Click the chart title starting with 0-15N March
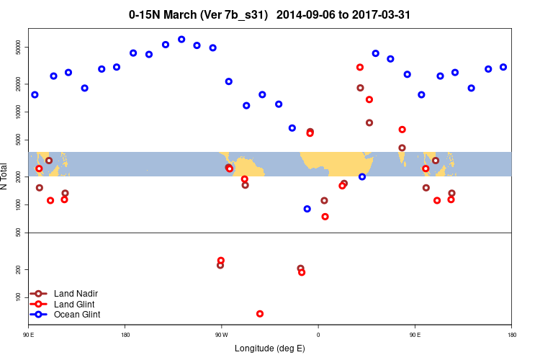pos(270,14)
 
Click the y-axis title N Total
pos(5,176)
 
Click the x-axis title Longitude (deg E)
pos(270,348)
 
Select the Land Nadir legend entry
pos(76,294)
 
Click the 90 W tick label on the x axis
pos(221,335)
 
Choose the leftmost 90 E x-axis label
pos(29,335)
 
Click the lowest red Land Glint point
pos(260,314)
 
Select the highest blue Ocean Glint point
pos(181,40)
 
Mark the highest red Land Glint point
pos(360,67)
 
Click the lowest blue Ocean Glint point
pos(307,209)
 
